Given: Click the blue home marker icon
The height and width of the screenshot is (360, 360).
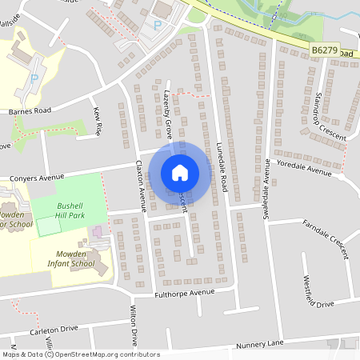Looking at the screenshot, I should (x=180, y=173).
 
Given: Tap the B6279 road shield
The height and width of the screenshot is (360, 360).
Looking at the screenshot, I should (x=323, y=50).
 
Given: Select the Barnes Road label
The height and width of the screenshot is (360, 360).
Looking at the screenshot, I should (x=30, y=111).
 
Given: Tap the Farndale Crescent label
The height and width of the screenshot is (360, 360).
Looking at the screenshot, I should (x=326, y=238).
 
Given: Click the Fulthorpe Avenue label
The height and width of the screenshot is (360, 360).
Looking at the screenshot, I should (x=185, y=294).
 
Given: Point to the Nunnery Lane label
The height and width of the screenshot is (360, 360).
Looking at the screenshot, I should (x=260, y=344).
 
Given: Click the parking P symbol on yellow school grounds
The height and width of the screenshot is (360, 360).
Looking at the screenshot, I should (x=34, y=77).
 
